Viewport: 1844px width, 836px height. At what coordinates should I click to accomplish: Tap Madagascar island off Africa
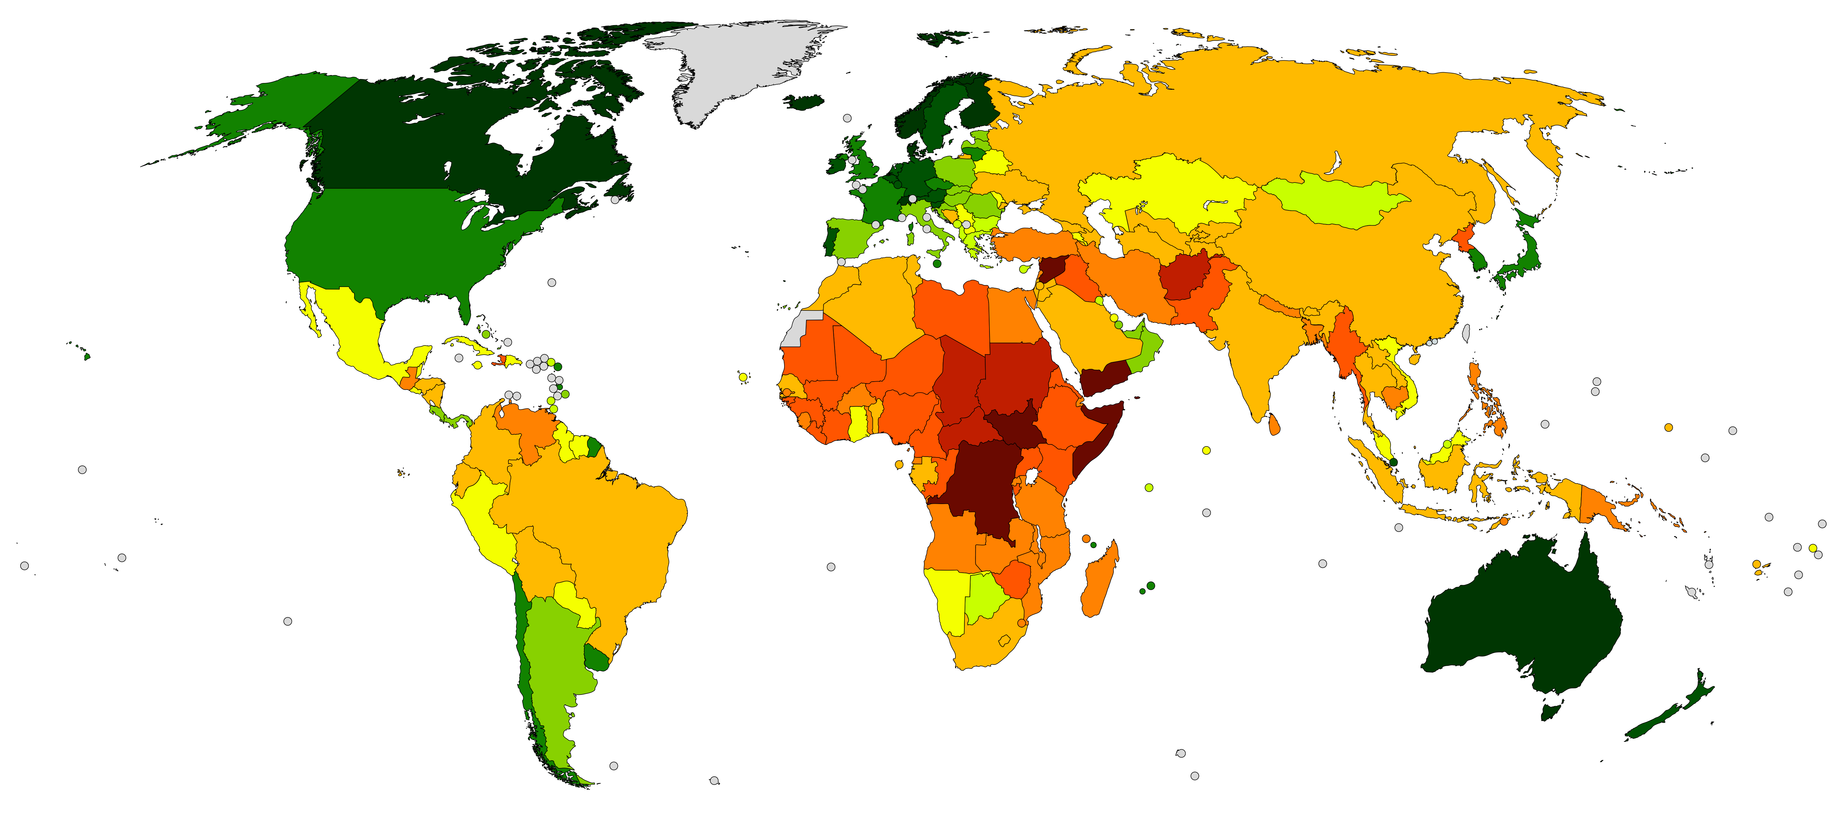tap(1099, 580)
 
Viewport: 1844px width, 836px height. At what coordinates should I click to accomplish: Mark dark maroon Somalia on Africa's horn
tap(1099, 437)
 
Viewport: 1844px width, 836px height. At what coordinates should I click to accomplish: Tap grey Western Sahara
tap(798, 330)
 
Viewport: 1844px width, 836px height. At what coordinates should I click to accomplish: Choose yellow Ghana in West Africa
tap(858, 423)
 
